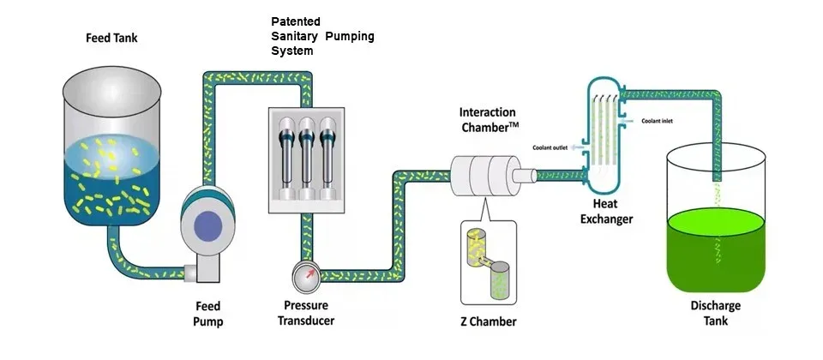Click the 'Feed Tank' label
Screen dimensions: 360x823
(111, 39)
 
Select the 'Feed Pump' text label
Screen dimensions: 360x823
(207, 314)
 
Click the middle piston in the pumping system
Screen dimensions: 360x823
(306, 159)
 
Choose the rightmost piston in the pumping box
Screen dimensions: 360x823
(327, 159)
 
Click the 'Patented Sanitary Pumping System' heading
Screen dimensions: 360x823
(322, 36)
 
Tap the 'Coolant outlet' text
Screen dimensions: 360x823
(551, 147)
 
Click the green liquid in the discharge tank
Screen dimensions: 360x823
(715, 249)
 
